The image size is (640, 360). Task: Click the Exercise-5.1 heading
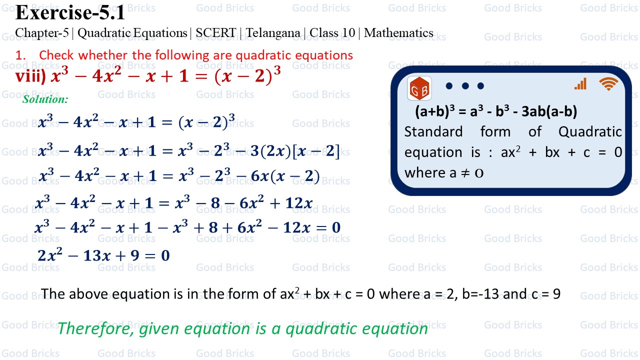(70, 12)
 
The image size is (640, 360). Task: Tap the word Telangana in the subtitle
(273, 33)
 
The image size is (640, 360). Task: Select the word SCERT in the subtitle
(215, 33)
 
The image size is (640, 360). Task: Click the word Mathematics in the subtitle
(398, 33)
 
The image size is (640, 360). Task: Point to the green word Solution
(45, 99)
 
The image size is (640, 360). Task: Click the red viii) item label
(30, 76)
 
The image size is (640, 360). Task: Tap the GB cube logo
(419, 88)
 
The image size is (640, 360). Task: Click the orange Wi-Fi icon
(608, 84)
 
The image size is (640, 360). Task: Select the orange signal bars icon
(580, 84)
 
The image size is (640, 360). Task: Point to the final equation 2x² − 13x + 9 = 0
(103, 256)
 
